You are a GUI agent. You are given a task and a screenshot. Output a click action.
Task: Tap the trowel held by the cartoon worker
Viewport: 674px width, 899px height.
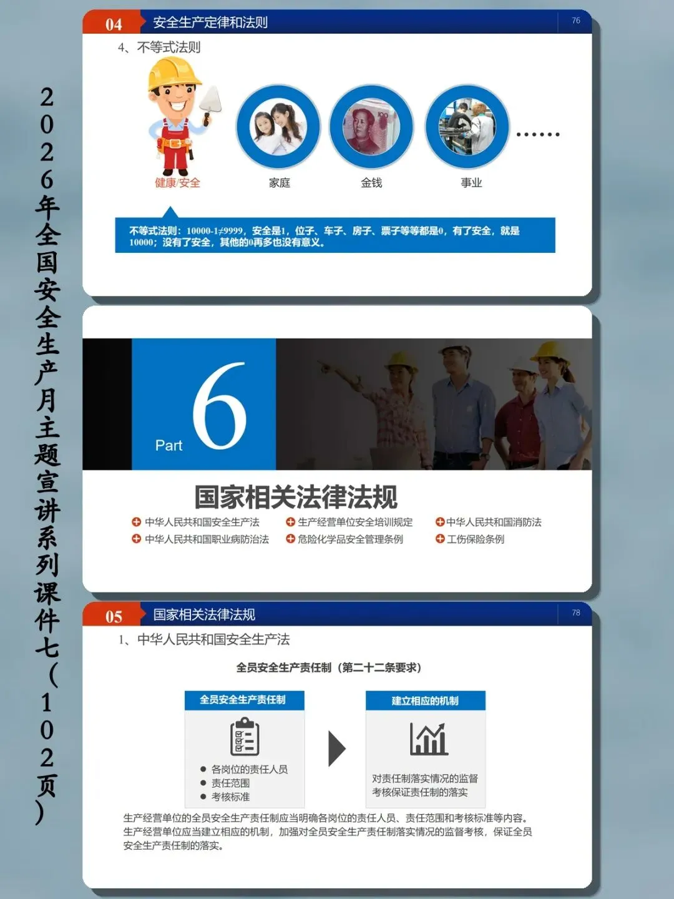click(x=210, y=102)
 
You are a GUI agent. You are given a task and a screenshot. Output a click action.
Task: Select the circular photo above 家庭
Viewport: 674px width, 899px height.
click(x=278, y=127)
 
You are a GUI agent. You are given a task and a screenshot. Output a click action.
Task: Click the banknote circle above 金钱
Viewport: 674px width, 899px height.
click(x=371, y=127)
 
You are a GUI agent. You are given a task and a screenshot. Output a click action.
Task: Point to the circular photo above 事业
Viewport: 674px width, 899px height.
click(x=467, y=127)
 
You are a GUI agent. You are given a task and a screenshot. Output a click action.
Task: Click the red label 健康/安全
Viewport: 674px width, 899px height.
click(x=177, y=183)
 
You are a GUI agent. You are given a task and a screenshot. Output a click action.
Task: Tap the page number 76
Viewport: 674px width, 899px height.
click(x=576, y=21)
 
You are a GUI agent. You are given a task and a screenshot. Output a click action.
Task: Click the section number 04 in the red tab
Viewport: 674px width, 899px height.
click(x=114, y=24)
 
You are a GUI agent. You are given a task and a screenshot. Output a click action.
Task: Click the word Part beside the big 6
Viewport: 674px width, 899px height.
click(x=168, y=445)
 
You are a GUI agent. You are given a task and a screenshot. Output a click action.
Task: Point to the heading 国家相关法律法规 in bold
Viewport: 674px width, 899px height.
click(x=295, y=497)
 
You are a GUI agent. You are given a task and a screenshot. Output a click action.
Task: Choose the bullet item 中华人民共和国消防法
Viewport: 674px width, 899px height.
click(x=494, y=522)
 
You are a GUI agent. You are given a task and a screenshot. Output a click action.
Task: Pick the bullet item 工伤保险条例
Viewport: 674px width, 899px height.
click(x=475, y=539)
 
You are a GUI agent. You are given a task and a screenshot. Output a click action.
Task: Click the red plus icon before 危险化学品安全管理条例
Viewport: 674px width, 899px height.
click(x=290, y=539)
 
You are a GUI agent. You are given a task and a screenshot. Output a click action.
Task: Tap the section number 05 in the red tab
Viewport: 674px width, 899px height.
click(x=114, y=617)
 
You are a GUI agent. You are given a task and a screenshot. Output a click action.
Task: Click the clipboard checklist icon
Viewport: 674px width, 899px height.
click(x=245, y=736)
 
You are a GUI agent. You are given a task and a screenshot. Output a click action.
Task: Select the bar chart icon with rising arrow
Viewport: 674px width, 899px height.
click(x=429, y=739)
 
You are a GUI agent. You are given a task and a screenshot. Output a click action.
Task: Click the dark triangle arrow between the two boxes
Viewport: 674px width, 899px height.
click(x=337, y=749)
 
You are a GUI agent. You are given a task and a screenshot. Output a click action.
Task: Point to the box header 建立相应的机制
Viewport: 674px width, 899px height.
click(x=425, y=700)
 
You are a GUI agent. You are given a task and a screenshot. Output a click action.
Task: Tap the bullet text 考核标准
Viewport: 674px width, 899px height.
click(x=230, y=797)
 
